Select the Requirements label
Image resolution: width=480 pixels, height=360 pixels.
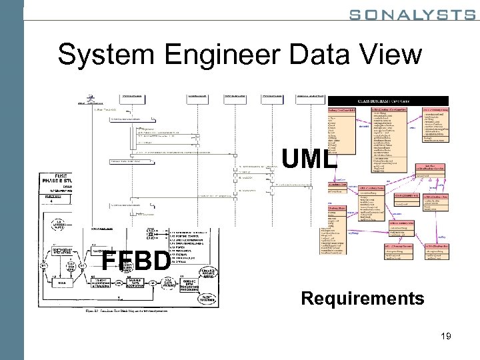[362, 298]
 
